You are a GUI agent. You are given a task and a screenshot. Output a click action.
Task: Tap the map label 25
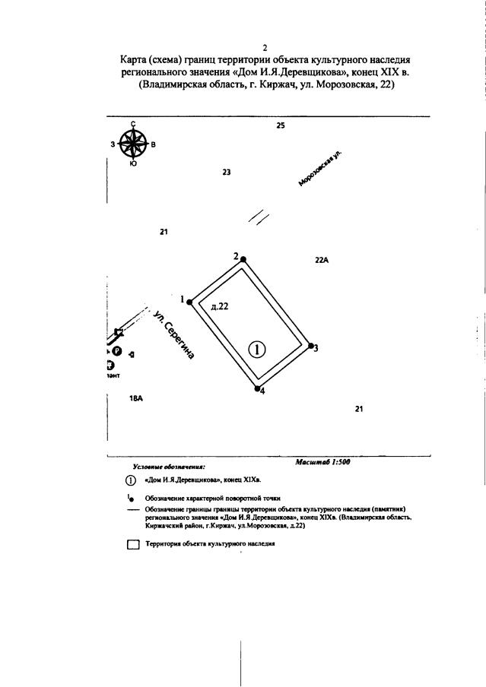pos(280,125)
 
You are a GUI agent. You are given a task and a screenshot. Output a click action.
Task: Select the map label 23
pos(226,173)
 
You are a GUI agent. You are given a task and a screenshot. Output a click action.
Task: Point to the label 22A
pos(321,260)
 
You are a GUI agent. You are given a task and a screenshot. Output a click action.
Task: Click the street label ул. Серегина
pos(173,334)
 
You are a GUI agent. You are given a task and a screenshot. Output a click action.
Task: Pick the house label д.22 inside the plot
pos(219,306)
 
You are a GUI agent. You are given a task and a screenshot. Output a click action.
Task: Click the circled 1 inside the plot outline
pos(258,349)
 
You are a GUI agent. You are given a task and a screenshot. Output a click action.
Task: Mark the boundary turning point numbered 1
pos(189,302)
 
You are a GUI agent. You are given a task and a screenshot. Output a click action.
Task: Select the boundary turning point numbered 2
pos(243,259)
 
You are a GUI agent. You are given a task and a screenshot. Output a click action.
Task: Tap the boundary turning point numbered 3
pos(311,346)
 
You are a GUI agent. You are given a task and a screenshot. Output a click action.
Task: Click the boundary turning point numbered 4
pos(257,388)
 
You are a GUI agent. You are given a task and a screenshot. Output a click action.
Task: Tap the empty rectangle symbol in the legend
pos(133,545)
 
